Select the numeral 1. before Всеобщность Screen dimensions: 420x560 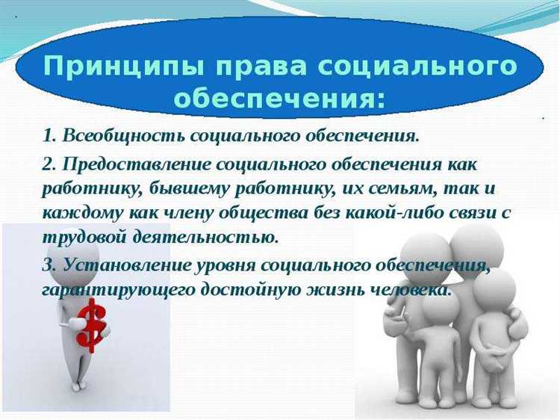pos(50,136)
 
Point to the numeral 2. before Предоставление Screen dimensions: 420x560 pos(50,162)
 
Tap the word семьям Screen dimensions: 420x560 pos(373,188)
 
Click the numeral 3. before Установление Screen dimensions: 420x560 pos(50,265)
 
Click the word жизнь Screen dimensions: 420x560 pos(334,289)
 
